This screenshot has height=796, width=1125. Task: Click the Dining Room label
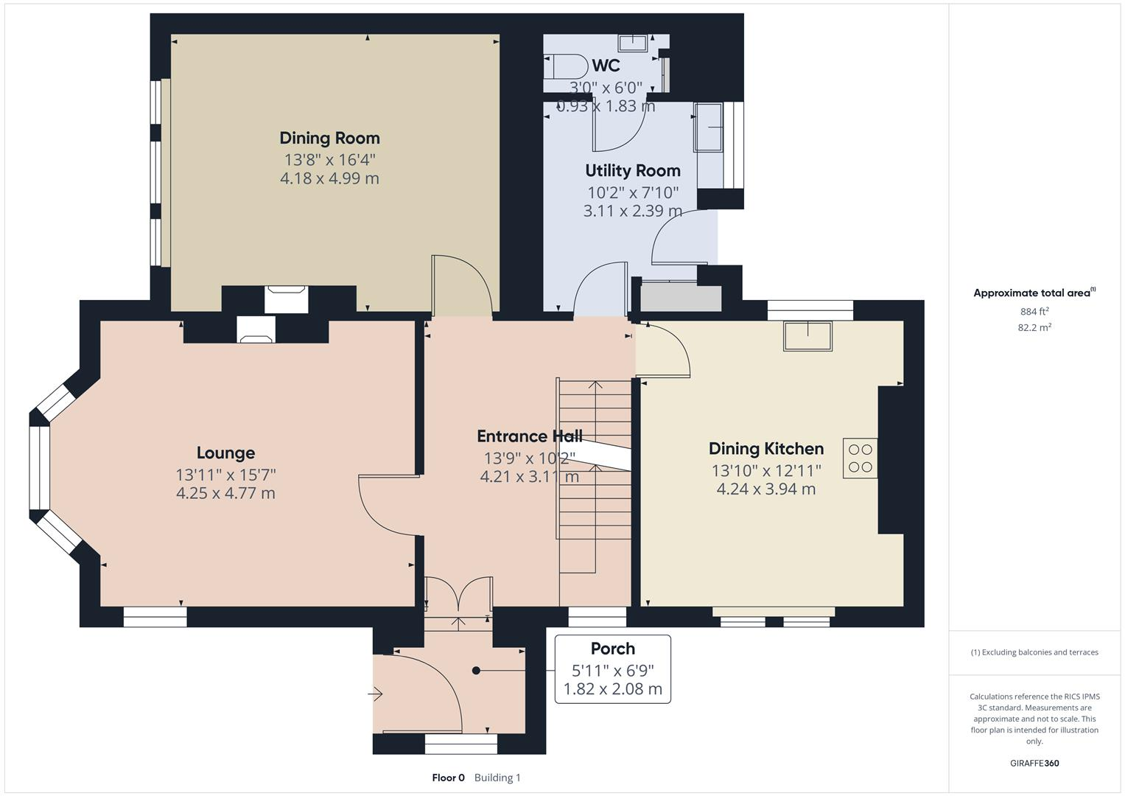pos(329,138)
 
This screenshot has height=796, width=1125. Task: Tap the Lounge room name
pos(225,453)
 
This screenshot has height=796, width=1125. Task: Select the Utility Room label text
pos(632,170)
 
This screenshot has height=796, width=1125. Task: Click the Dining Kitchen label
pos(765,448)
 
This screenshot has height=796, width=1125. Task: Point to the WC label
pos(606,66)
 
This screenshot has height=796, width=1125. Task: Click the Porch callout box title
pos(612,649)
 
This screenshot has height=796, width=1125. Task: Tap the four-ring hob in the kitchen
pos(860,458)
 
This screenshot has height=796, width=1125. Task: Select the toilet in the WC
pos(564,66)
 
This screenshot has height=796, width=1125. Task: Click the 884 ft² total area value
pos(1034,311)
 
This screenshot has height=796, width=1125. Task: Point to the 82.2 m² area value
pos(1034,327)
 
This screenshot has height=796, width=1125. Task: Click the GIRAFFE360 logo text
pos(1034,763)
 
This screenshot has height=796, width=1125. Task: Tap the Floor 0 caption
pos(448,778)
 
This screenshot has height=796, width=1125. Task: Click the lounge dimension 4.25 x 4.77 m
pos(225,493)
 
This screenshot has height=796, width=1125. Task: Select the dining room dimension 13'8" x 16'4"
pos(329,159)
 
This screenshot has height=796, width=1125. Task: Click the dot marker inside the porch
pos(476,671)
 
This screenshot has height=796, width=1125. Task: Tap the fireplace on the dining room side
pos(286,298)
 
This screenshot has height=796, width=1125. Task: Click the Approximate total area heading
pos(1034,293)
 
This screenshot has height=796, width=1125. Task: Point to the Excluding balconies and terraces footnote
pos(1034,652)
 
